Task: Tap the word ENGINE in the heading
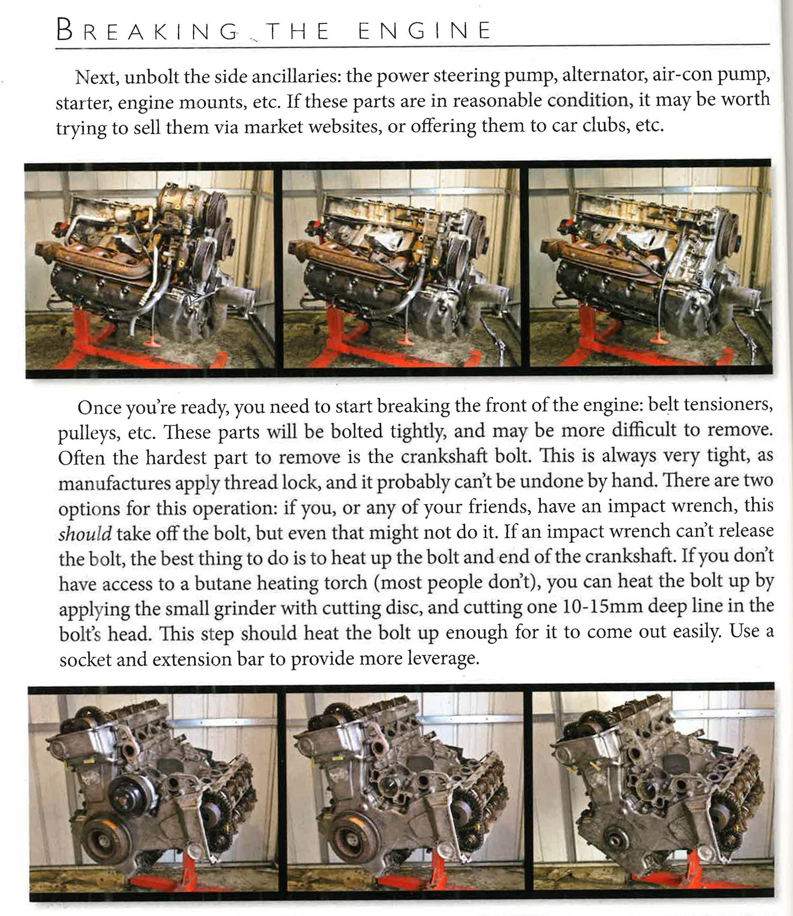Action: (424, 31)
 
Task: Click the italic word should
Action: (85, 533)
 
